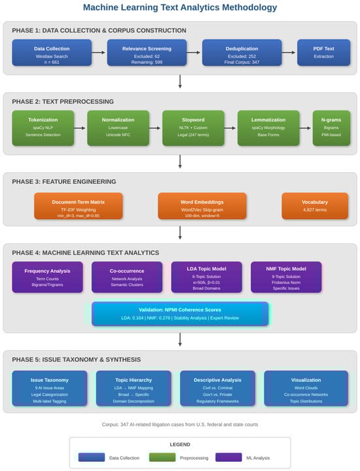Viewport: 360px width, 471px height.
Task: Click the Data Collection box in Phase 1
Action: point(52,52)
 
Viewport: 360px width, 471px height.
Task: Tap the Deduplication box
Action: point(242,52)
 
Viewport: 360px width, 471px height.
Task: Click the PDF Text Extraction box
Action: point(323,52)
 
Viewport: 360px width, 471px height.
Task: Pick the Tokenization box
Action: point(43,124)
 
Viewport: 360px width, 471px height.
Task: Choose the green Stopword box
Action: point(193,124)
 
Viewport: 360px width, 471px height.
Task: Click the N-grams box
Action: point(331,124)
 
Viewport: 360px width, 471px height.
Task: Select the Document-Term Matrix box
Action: point(78,205)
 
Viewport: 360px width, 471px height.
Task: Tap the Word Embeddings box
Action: point(202,205)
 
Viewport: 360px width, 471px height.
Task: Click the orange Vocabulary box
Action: point(315,205)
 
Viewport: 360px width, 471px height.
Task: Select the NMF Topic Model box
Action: point(286,277)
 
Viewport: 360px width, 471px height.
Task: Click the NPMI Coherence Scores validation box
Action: point(180,314)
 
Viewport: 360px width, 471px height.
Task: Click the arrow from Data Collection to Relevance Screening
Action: point(99,52)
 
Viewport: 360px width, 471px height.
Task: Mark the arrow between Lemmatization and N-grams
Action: point(306,128)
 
